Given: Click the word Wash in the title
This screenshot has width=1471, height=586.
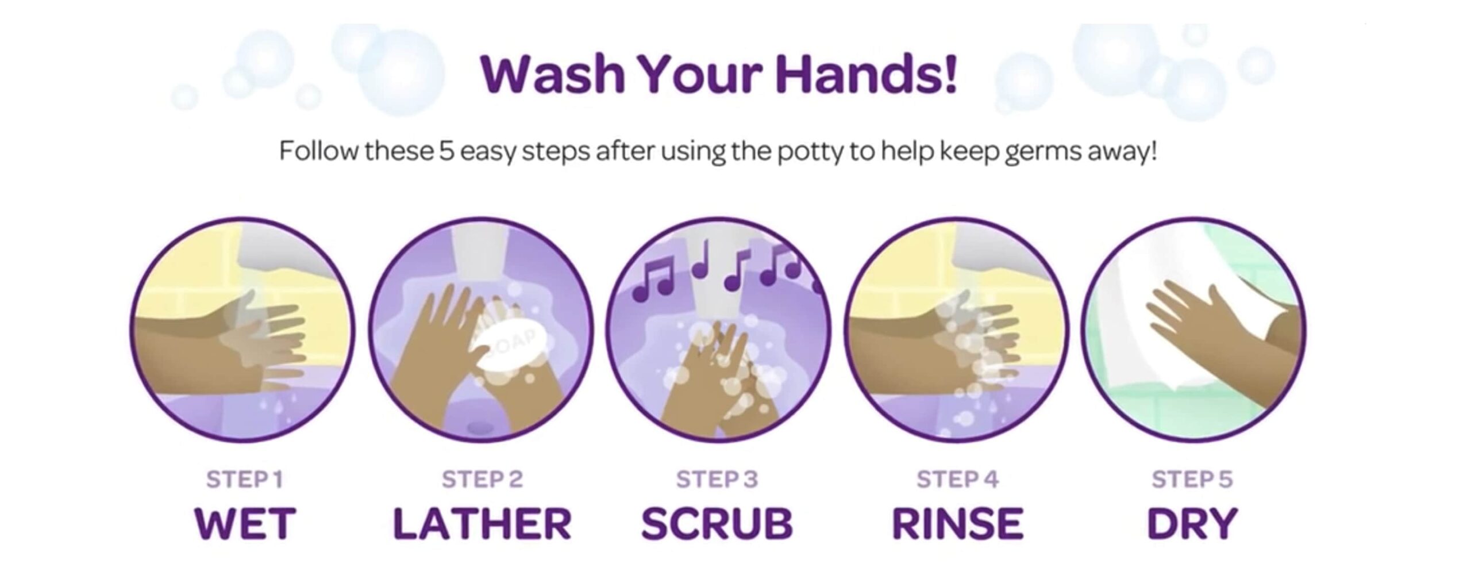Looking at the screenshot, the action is point(553,75).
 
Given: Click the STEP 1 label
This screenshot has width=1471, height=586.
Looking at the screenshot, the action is point(245,479).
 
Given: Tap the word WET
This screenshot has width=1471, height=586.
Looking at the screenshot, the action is point(245,523).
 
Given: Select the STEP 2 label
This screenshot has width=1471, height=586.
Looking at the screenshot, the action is point(483,479).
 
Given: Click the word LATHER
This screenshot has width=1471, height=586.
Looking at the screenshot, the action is point(483,523).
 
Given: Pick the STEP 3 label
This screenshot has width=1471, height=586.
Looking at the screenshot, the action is point(717,479).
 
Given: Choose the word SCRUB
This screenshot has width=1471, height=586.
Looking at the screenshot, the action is point(717,523).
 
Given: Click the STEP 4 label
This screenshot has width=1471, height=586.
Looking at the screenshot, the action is point(958,479).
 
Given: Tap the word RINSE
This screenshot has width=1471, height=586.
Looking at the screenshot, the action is point(958,523).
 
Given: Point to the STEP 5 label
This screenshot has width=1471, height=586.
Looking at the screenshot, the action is point(1192,479).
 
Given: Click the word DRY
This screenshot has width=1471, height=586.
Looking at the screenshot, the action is point(1192,523).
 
